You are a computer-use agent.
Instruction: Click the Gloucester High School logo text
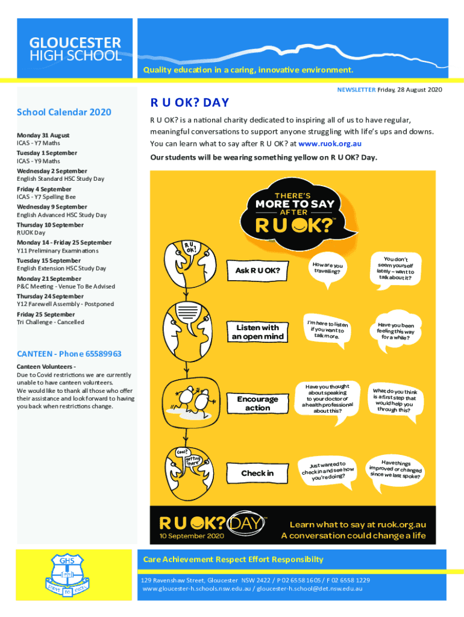(x=75, y=49)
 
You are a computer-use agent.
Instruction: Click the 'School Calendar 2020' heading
(x=64, y=112)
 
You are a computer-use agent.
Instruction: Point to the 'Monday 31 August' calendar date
(x=43, y=135)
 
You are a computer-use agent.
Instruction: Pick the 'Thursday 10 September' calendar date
(x=50, y=225)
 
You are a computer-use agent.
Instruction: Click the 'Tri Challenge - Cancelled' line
(x=51, y=322)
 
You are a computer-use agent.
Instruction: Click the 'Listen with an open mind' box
(x=257, y=332)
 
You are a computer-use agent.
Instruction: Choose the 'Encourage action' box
(x=257, y=403)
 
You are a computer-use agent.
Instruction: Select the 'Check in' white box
(x=257, y=473)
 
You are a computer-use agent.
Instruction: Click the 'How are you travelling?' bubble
(x=328, y=268)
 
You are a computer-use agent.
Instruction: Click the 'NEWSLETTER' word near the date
(x=356, y=90)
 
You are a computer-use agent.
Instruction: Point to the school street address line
(x=256, y=580)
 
